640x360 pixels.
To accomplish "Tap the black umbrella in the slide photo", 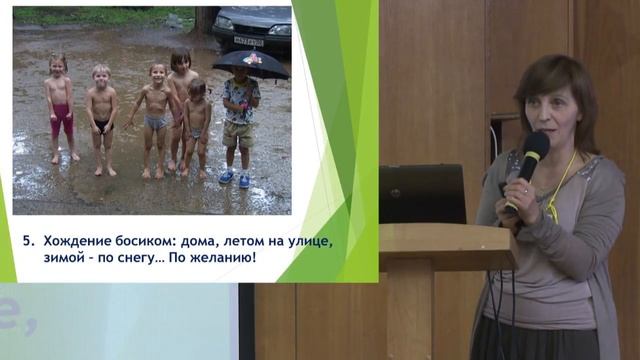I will pos(251,65).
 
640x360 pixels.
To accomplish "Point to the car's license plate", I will pos(248,41).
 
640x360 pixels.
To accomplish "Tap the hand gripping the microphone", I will pos(519,190).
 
